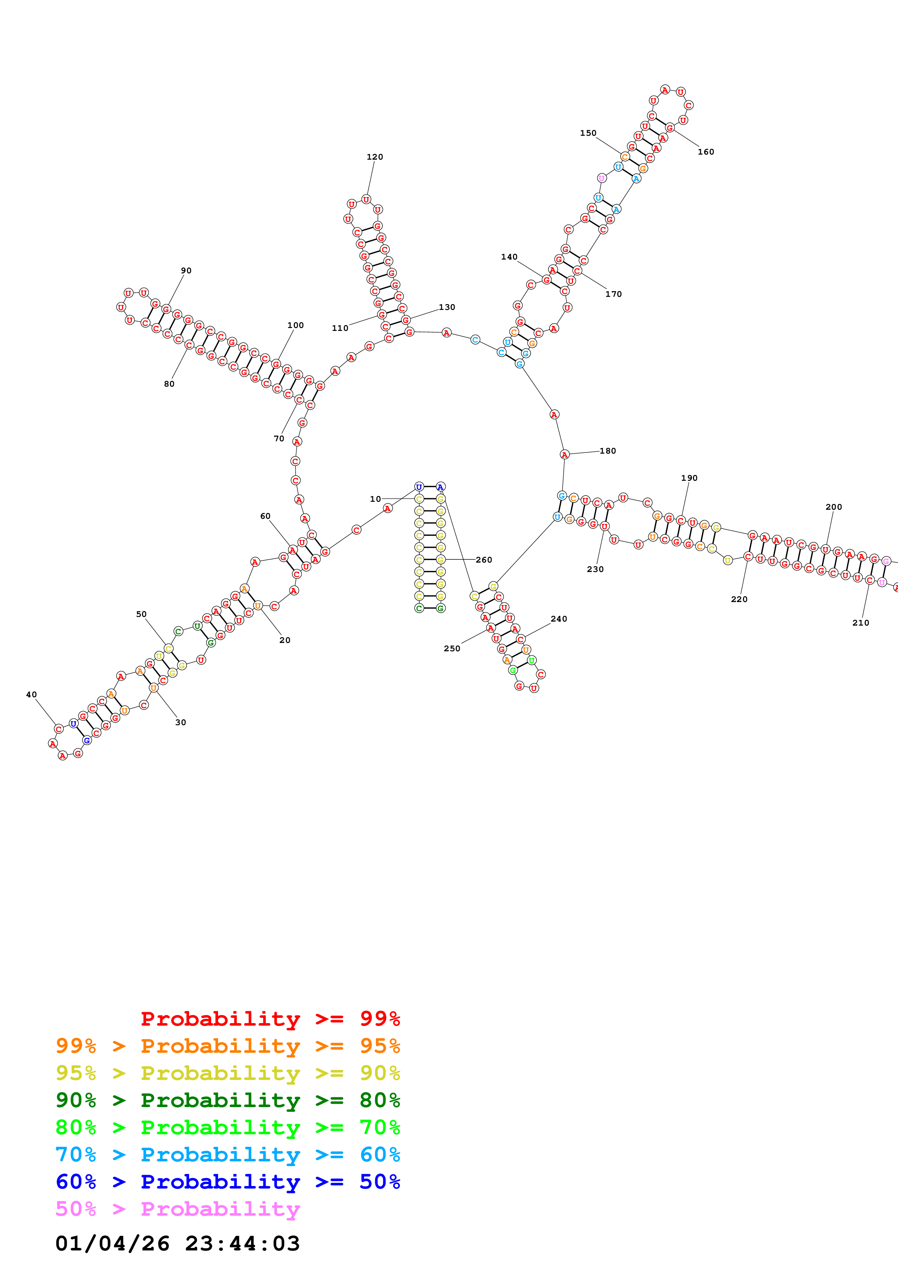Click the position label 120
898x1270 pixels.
(x=375, y=157)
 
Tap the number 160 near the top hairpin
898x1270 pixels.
(x=705, y=152)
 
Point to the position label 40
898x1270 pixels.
(x=32, y=695)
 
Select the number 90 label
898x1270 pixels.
(x=186, y=270)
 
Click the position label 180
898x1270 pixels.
(x=607, y=451)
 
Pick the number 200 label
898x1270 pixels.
(x=833, y=507)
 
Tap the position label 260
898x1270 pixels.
(x=484, y=560)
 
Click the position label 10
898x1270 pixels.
(x=375, y=499)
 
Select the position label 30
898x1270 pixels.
(x=180, y=722)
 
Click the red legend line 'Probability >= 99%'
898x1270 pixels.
(x=270, y=1018)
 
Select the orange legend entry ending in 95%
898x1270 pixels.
(x=227, y=1046)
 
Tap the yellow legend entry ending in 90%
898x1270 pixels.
(x=227, y=1073)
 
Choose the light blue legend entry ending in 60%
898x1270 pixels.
(x=227, y=1155)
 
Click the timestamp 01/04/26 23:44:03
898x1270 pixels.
(x=177, y=1244)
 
